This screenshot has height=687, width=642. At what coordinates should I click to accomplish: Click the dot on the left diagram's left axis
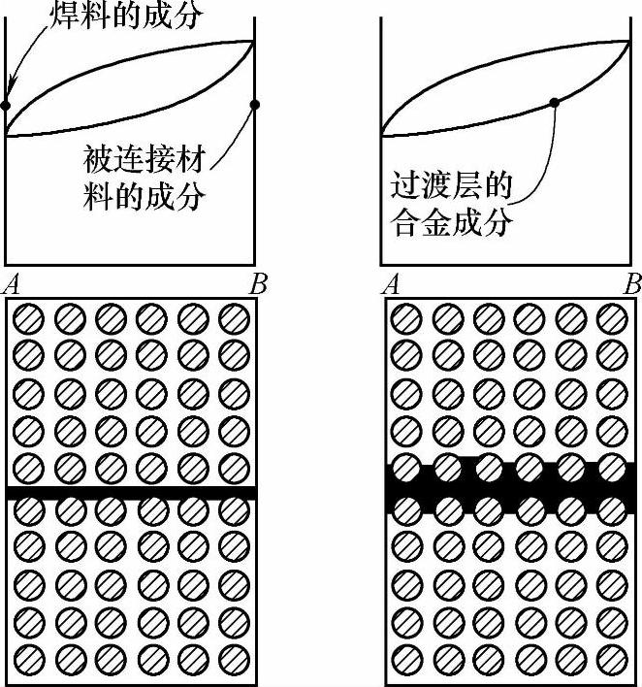(x=5, y=105)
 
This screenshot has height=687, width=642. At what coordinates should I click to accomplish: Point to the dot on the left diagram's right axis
(x=255, y=105)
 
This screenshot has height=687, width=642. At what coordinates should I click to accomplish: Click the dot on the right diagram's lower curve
(x=554, y=102)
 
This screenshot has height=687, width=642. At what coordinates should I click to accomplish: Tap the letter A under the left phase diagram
(x=14, y=285)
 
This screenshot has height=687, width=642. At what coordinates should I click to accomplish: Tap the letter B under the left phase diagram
(x=256, y=285)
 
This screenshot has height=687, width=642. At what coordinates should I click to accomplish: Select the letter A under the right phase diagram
(x=393, y=285)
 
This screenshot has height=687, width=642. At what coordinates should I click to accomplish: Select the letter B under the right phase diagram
(x=632, y=285)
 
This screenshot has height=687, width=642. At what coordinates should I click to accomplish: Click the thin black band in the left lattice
(x=131, y=493)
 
